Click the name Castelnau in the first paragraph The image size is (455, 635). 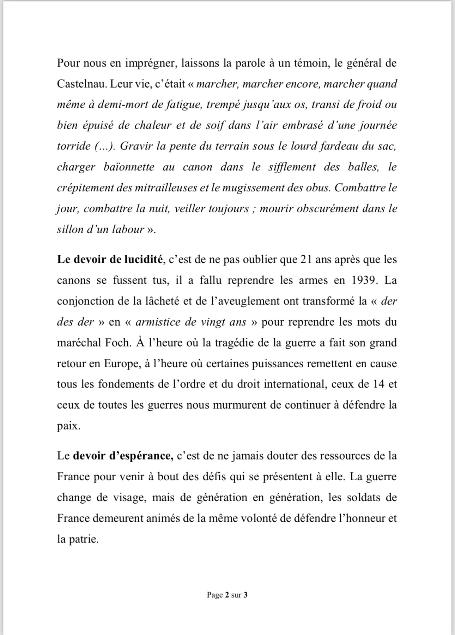coord(81,84)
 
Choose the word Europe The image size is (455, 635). coord(121,363)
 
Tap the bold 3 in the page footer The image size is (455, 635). coord(245,595)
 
